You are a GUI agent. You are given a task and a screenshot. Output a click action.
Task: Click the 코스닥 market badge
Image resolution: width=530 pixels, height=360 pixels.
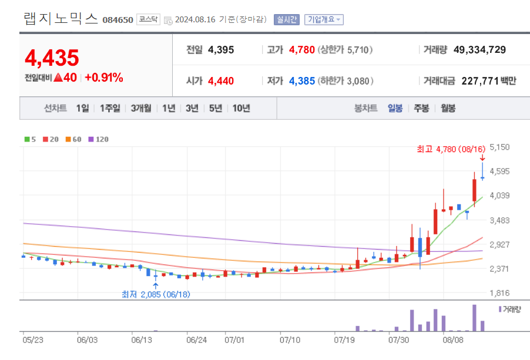[147, 19]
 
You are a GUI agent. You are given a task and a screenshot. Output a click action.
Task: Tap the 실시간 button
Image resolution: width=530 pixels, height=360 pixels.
[287, 19]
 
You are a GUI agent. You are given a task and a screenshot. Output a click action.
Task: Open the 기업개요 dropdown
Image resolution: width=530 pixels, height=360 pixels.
[324, 19]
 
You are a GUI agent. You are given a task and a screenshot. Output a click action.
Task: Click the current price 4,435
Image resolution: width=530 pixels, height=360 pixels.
[52, 58]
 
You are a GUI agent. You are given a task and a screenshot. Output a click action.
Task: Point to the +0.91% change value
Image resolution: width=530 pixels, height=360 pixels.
[104, 78]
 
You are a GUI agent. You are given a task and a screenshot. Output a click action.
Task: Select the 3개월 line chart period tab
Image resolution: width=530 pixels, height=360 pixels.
[141, 108]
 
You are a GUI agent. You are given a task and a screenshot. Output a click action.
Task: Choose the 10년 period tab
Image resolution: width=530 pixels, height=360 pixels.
[241, 108]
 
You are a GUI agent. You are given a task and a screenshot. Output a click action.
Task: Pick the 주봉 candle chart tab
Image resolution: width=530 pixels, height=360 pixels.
[421, 108]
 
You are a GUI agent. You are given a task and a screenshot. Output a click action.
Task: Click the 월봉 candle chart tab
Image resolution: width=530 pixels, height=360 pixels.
[448, 108]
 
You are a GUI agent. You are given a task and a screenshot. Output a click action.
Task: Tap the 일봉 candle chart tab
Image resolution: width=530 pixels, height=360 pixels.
[395, 108]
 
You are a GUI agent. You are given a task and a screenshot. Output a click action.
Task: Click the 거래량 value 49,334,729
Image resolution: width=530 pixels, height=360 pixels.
[479, 50]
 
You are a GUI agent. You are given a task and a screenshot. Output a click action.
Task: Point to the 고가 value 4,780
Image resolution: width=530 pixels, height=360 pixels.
[302, 50]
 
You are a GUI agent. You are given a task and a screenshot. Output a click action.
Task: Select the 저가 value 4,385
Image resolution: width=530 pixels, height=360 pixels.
[302, 80]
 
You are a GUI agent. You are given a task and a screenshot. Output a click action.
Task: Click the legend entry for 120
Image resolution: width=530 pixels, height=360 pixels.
[98, 140]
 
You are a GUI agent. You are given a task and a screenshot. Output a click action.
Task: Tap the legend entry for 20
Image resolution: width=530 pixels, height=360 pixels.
[51, 140]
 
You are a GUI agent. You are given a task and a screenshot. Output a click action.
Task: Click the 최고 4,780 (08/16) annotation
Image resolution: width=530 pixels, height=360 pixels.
[452, 150]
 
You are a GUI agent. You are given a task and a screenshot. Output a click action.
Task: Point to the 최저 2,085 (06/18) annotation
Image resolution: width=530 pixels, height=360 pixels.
[155, 294]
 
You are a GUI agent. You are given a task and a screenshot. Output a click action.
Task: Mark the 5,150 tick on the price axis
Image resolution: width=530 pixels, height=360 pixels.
[499, 147]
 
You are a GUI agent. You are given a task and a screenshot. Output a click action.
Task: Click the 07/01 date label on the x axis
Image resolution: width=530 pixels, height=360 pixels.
[234, 339]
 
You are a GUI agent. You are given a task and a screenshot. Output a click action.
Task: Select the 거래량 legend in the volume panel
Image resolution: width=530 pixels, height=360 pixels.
[509, 308]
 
